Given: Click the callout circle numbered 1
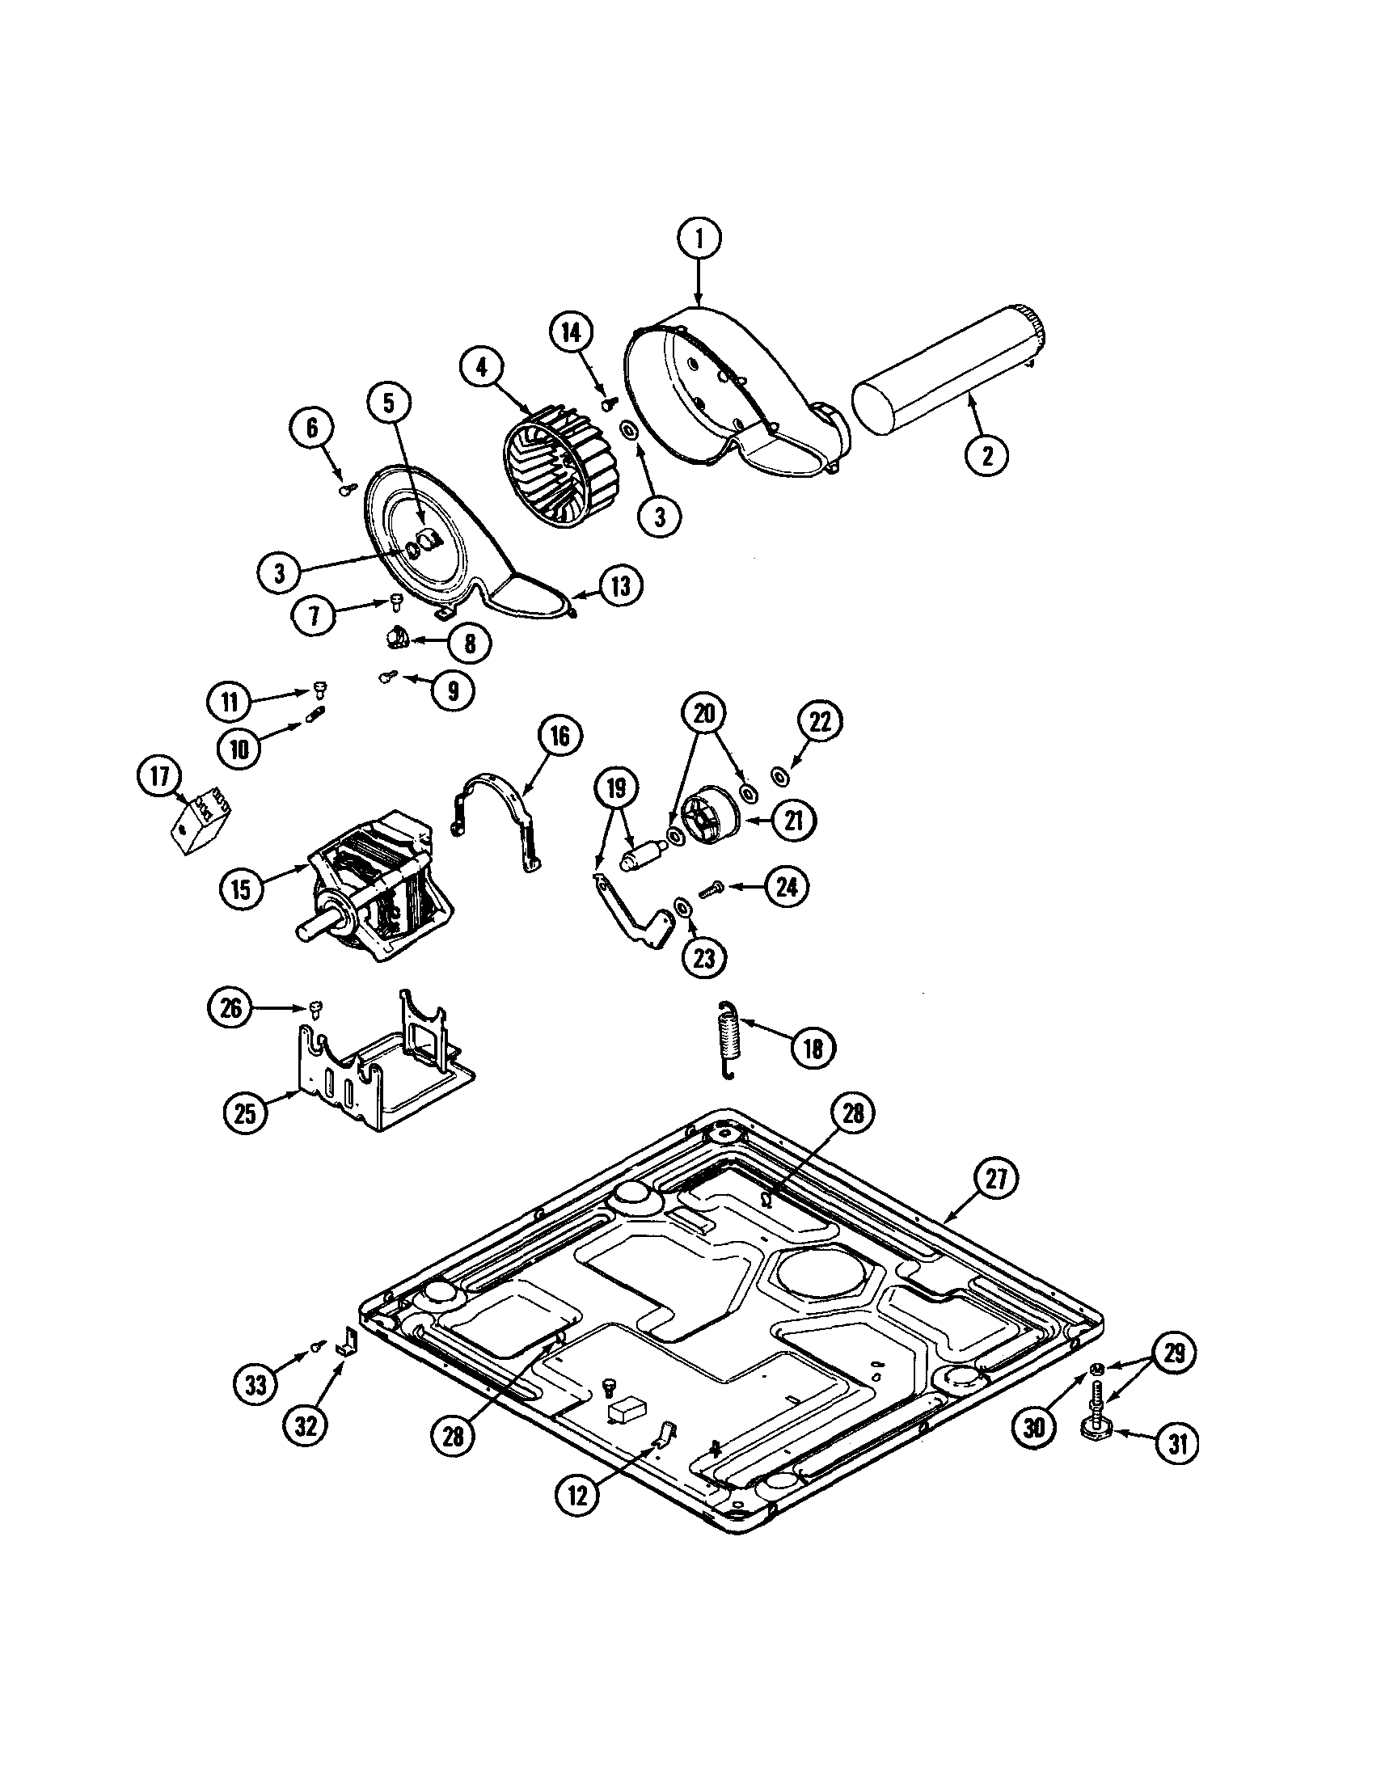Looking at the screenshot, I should click(699, 238).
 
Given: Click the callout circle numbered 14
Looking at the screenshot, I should click(570, 332).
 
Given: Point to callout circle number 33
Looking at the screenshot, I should click(256, 1384).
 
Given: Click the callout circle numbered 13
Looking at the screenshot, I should click(621, 586).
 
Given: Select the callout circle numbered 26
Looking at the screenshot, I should click(231, 1007).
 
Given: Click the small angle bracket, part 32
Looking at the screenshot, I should click(348, 1345).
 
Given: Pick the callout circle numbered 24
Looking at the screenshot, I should click(787, 887).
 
